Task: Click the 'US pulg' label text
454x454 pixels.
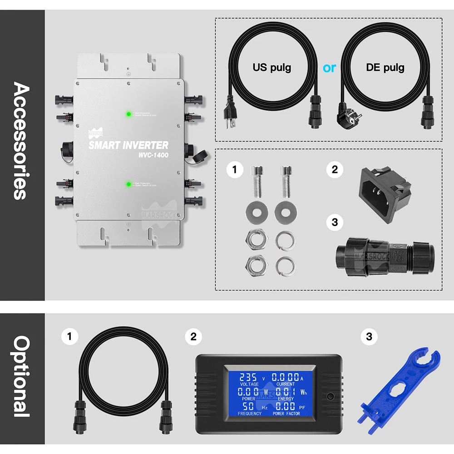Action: click(272, 68)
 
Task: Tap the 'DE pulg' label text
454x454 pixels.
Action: click(385, 68)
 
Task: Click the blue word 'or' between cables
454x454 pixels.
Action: click(330, 68)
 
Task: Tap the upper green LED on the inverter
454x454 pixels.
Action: click(129, 114)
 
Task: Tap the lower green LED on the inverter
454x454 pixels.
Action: click(129, 184)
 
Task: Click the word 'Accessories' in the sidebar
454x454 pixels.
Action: click(22, 141)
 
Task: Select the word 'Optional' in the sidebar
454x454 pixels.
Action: click(22, 376)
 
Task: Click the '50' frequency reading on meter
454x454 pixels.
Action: click(248, 406)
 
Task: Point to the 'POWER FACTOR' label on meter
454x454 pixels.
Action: click(286, 414)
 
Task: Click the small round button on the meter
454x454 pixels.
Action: click(330, 395)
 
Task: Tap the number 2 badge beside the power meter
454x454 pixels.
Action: click(193, 336)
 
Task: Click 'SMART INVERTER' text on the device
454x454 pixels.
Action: click(128, 145)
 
